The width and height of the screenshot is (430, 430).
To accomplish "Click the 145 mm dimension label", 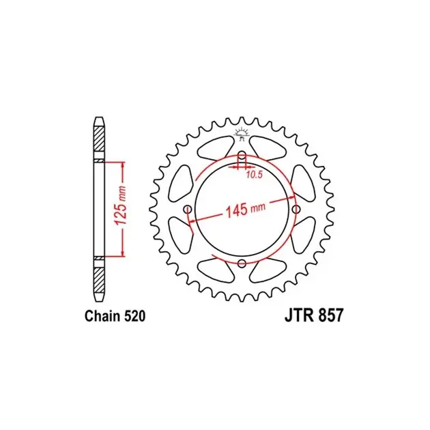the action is pos(245,210).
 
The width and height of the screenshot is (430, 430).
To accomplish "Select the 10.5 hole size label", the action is pos(254,175).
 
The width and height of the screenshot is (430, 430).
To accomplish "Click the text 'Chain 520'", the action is pos(115,316).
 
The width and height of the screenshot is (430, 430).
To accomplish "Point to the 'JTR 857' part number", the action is pos(314,315).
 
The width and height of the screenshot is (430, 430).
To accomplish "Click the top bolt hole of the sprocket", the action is pos(242,155).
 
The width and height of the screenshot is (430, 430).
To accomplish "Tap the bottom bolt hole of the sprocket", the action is pos(242,263).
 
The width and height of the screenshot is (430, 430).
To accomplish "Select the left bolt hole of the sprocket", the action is pos(188,210).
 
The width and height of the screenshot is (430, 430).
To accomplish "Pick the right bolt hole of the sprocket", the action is pos(296,210).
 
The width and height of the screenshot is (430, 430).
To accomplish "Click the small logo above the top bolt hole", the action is pos(242,134).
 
